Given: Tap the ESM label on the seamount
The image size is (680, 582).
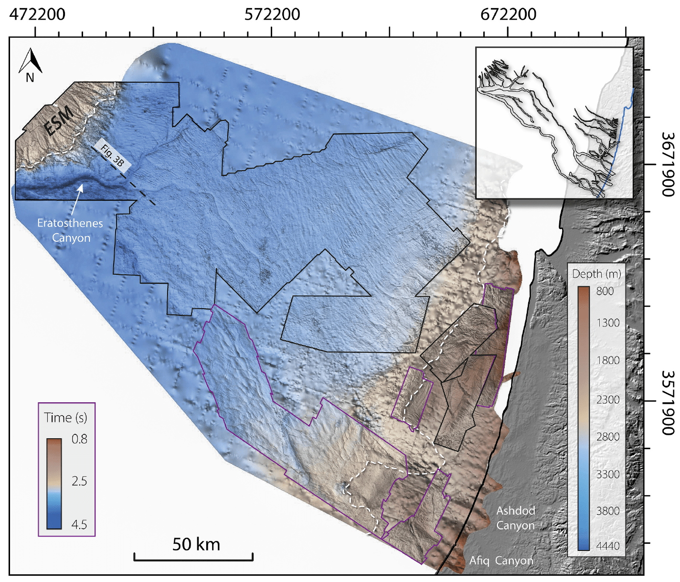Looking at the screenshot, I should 59,120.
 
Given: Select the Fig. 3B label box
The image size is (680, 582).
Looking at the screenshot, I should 113,155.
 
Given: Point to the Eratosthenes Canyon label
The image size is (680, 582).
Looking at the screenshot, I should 70,230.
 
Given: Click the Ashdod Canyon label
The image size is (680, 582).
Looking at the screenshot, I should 516,518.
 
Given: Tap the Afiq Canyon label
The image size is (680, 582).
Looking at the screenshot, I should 501,560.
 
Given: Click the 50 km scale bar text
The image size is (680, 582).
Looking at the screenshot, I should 196,544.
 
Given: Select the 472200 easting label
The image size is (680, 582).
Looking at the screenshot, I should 37,14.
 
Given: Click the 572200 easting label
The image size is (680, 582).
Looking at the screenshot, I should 272,14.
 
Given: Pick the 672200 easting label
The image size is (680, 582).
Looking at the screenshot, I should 508,14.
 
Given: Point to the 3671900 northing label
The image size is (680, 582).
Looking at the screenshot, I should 668,164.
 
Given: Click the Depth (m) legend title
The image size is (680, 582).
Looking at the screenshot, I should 596,274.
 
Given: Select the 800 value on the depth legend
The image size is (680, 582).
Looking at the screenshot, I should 605,291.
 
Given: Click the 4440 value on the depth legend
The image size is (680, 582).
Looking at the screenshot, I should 608,546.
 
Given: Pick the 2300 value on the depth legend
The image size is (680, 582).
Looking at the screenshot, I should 608,399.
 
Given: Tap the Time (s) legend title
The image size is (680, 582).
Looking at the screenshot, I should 65,418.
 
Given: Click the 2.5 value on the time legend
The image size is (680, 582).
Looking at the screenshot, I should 79,481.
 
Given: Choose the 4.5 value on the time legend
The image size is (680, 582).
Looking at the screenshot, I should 79,524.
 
